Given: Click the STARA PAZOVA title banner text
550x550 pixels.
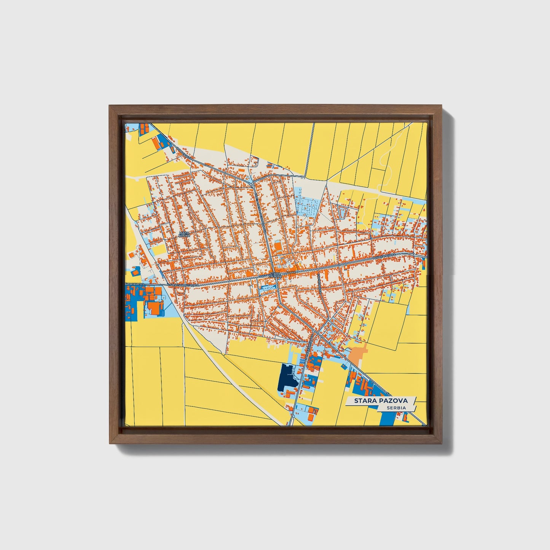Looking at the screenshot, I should pyautogui.click(x=381, y=400).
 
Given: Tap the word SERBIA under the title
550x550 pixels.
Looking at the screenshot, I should pyautogui.click(x=395, y=408).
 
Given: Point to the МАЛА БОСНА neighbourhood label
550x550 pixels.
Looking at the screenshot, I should pyautogui.click(x=184, y=234).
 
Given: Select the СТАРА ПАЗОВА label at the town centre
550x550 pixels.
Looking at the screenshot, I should pyautogui.click(x=275, y=274).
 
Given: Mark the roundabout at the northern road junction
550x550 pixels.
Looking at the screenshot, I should pyautogui.click(x=253, y=185).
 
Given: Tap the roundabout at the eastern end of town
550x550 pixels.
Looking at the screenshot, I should pyautogui.click(x=413, y=254).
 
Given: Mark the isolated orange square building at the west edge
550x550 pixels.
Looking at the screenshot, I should pyautogui.click(x=131, y=254).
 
